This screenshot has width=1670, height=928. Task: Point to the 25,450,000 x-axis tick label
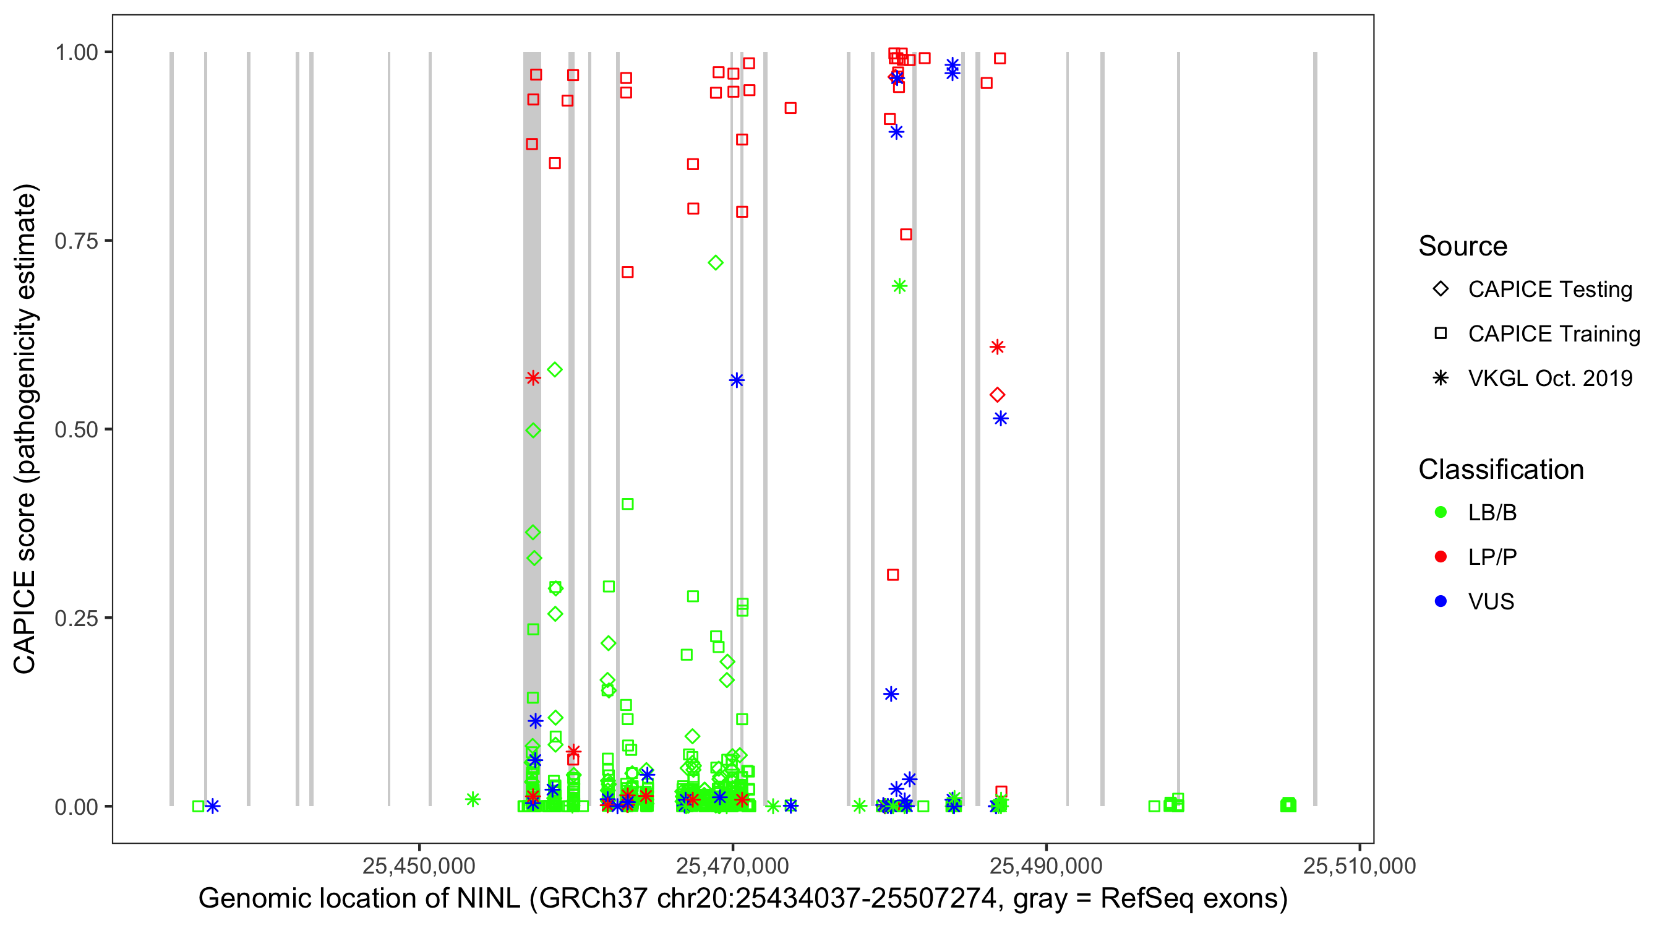coord(419,865)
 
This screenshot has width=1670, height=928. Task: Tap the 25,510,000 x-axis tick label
coord(1360,865)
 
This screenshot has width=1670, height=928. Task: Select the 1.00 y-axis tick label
coord(76,52)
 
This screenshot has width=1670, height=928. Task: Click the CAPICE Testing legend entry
coord(1549,290)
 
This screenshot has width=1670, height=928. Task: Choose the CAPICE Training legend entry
coord(1553,334)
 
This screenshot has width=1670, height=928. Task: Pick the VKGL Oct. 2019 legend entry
coord(1549,378)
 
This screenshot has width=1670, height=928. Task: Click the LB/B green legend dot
coord(1441,512)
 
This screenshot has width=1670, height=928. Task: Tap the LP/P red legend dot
coord(1441,557)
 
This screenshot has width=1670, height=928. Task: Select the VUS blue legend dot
coord(1441,601)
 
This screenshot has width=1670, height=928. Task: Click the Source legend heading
coord(1463,246)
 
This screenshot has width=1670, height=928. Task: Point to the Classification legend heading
coord(1501,470)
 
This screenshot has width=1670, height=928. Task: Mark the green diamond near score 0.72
coord(716,263)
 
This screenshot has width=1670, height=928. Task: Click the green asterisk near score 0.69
coord(899,286)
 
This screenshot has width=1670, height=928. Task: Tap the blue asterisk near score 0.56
coord(737,380)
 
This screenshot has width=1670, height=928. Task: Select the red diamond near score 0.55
coord(997,395)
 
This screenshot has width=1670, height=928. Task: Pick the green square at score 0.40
coord(628,504)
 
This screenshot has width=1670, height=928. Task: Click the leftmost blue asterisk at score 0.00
coord(213,806)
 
